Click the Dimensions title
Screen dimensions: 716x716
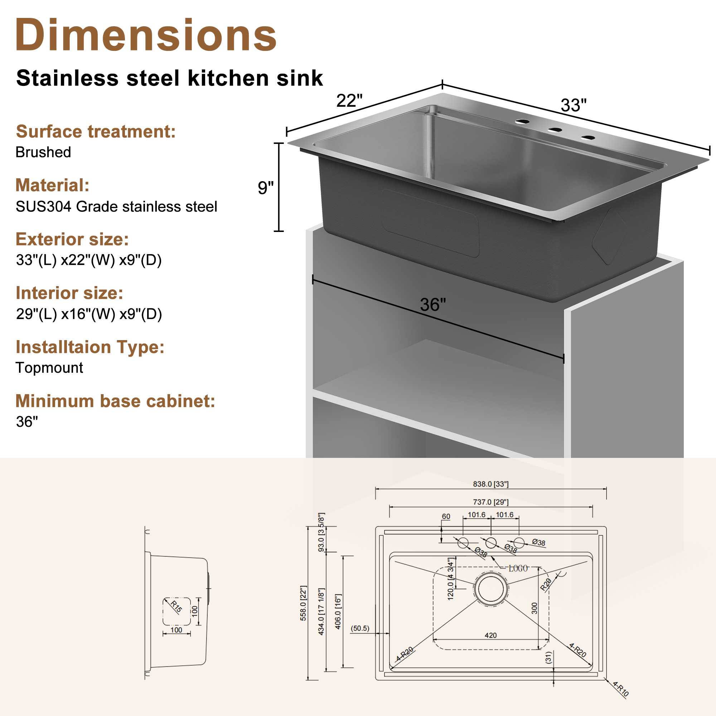tap(146, 35)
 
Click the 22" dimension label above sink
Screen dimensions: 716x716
tap(349, 101)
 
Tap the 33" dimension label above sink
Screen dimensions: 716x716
tap(574, 105)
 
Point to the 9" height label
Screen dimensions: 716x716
tap(265, 188)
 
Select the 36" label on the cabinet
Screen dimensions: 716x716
tap(433, 305)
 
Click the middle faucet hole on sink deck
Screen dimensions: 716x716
tap(555, 130)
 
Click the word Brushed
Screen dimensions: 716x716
tap(43, 152)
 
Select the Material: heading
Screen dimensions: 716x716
tap(52, 185)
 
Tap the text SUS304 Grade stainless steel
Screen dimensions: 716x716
tap(116, 207)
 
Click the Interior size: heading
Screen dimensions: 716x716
tap(69, 293)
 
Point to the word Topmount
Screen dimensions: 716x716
tap(49, 368)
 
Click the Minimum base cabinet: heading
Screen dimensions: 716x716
tap(115, 401)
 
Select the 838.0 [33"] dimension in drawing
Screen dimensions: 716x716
tap(491, 484)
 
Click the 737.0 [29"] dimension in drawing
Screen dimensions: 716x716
tap(491, 502)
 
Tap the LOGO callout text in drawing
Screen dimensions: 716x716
tap(518, 569)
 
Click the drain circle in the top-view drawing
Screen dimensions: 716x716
tap(491, 589)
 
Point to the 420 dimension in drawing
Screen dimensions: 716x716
tap(491, 635)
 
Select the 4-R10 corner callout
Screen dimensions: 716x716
tap(621, 689)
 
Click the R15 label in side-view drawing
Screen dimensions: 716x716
tap(176, 606)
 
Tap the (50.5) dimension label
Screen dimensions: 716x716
tap(360, 628)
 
